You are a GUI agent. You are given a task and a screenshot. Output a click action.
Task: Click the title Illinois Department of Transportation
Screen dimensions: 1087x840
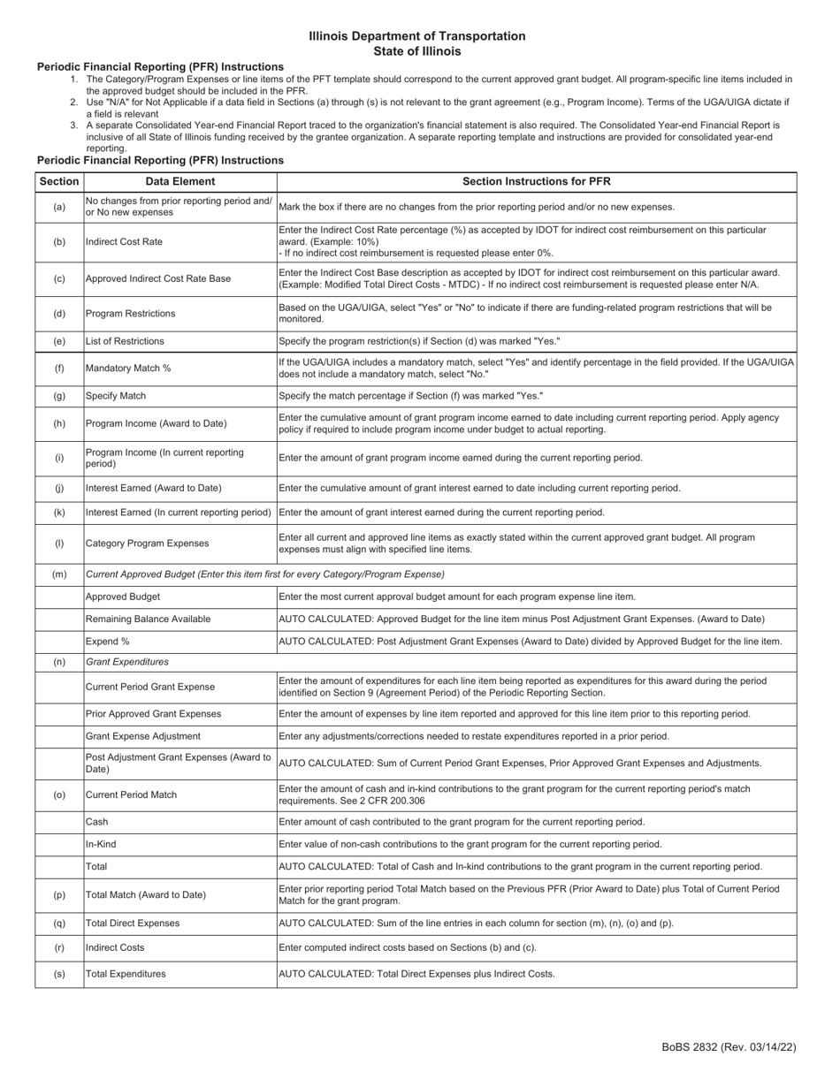(417, 36)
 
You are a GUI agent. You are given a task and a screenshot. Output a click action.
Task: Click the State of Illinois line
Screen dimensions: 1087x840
(417, 51)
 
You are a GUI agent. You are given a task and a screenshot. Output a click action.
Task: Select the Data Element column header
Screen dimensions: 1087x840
(180, 181)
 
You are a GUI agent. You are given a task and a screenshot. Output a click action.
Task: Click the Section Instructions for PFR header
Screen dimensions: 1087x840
(536, 181)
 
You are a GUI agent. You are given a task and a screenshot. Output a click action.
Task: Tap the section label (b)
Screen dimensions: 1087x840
(59, 241)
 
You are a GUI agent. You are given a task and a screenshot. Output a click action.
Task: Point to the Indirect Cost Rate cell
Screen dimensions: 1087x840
(124, 241)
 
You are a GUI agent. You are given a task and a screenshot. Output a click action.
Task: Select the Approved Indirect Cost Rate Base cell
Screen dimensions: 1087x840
(158, 278)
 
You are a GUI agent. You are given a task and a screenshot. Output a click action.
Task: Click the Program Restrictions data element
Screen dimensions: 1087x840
(130, 314)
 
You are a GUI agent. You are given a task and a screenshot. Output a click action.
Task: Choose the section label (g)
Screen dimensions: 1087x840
(59, 396)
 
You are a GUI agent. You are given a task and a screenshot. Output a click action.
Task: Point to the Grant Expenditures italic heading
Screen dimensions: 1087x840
(126, 661)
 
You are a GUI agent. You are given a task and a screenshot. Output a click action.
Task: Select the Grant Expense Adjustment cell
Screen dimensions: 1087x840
(142, 736)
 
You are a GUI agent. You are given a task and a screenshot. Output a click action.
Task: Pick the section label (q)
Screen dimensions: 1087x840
(59, 923)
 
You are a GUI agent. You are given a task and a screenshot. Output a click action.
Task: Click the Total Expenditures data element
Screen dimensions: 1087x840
(126, 974)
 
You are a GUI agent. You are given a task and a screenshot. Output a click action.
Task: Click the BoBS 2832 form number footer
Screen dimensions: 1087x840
(729, 1047)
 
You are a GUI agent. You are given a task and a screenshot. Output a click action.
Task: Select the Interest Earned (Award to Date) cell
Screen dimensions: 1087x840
(153, 488)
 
